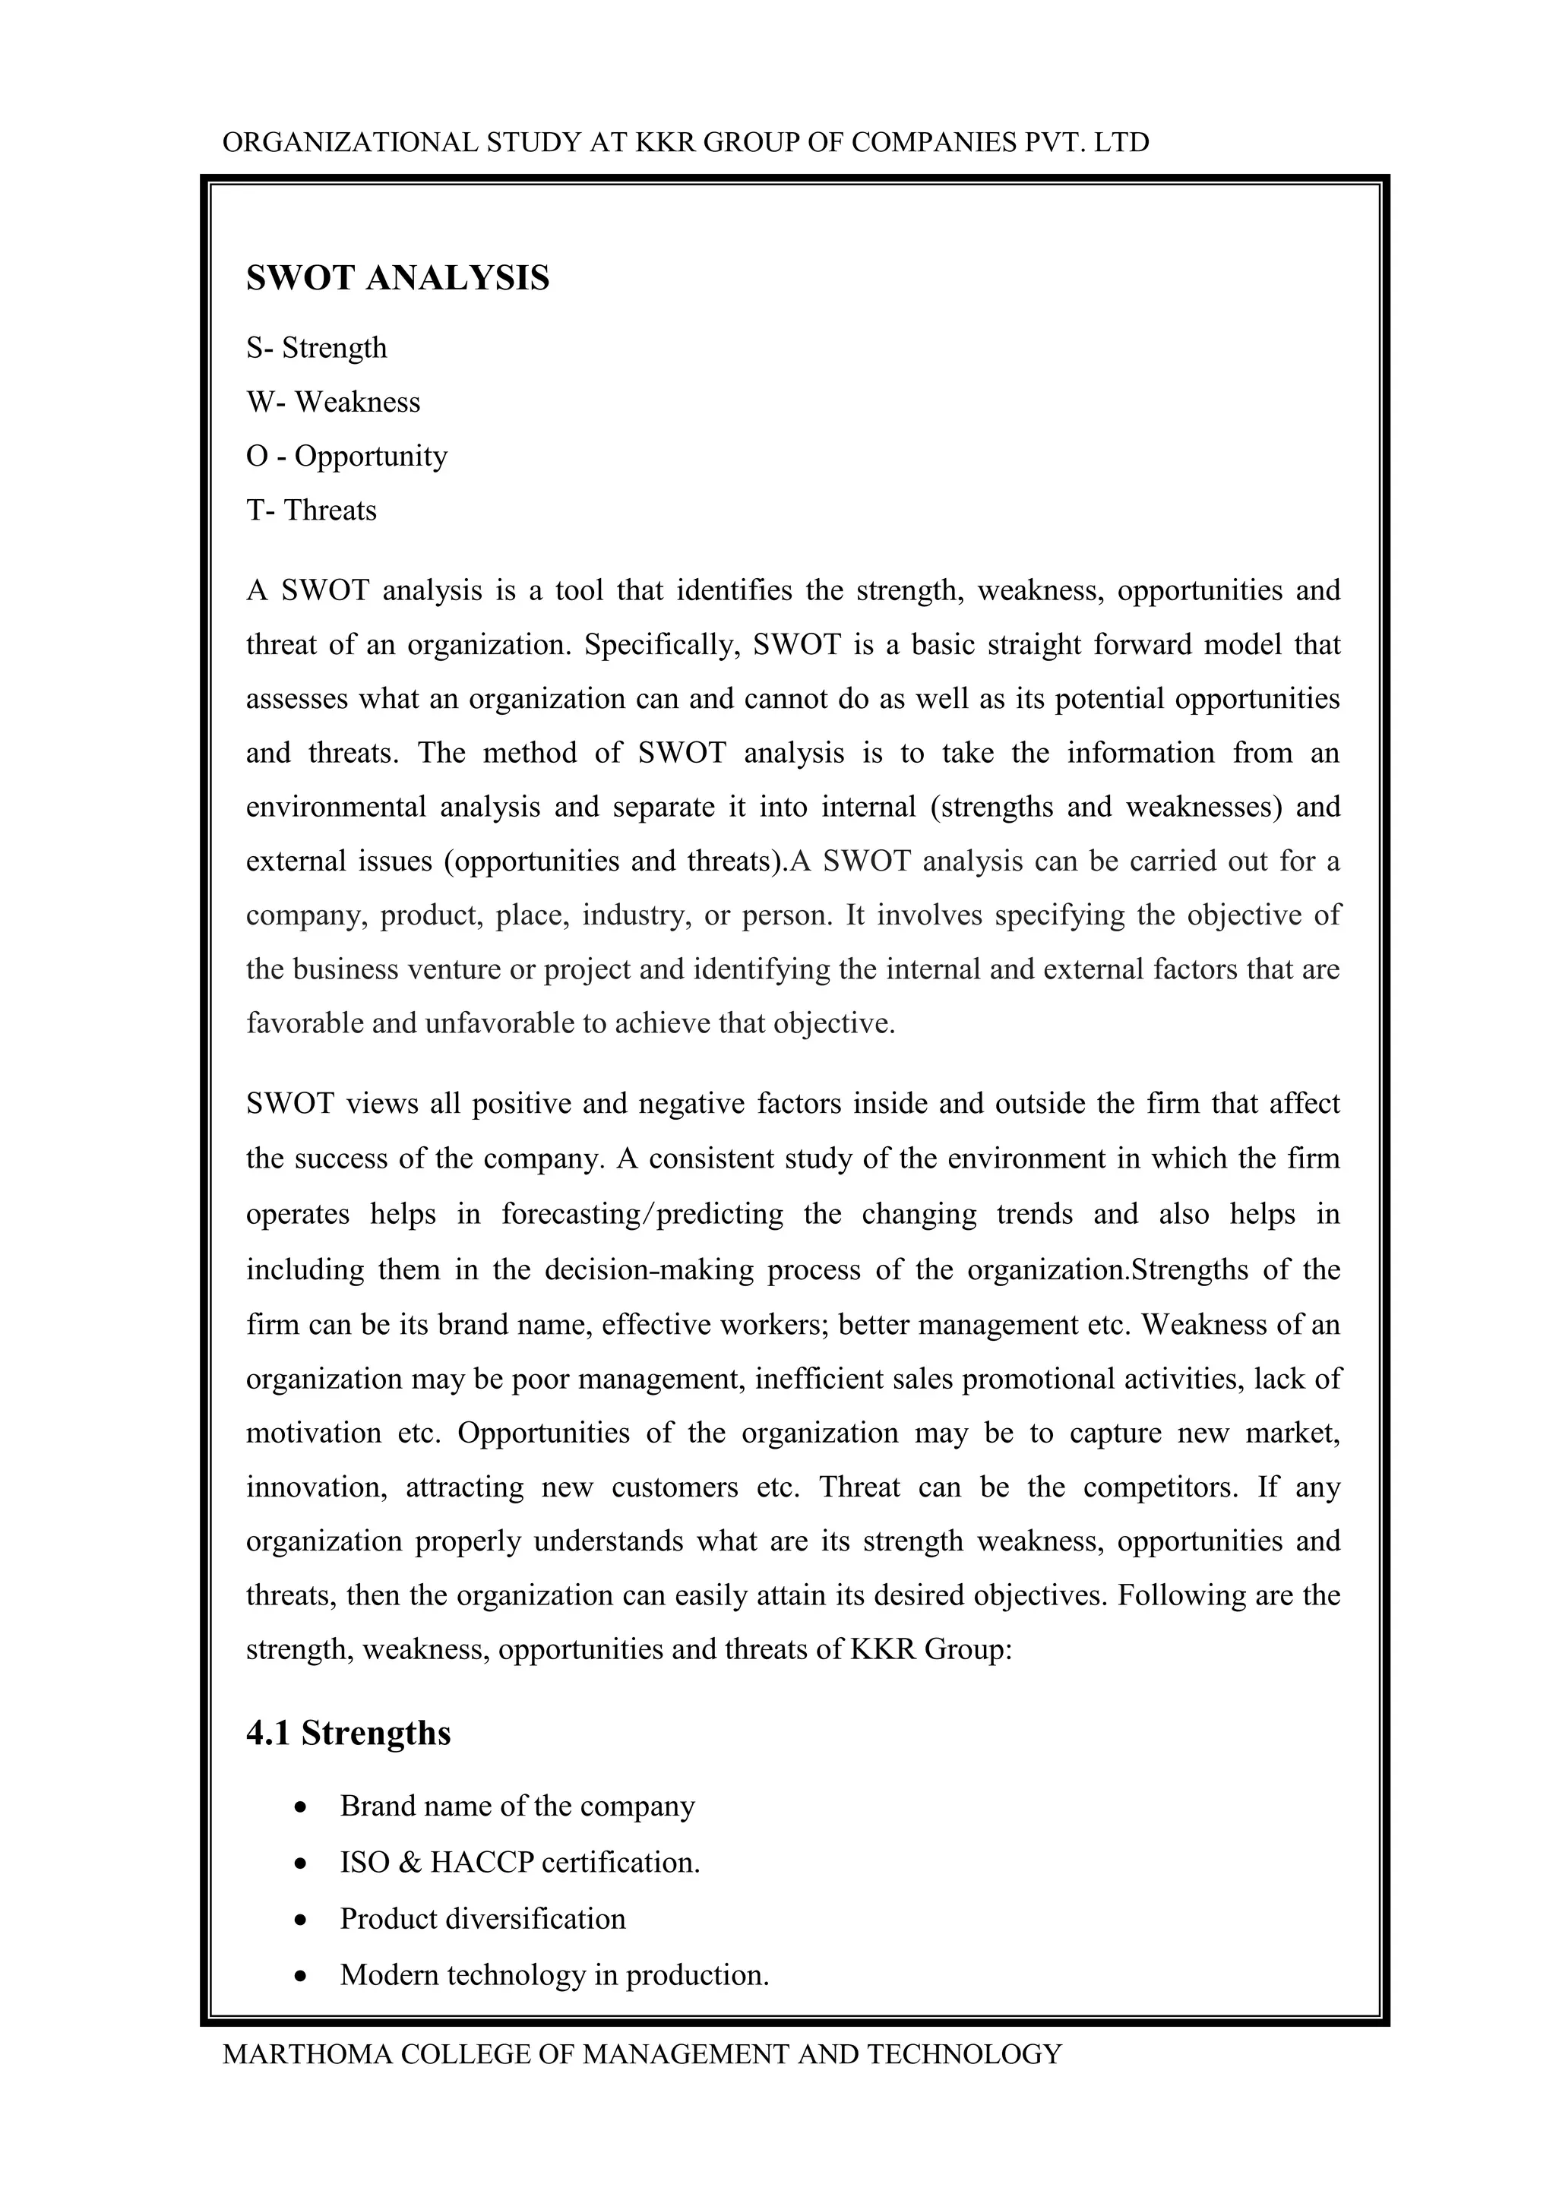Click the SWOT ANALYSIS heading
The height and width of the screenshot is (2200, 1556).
click(397, 279)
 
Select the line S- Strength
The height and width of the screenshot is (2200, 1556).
click(316, 348)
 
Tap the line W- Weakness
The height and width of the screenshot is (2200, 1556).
click(333, 403)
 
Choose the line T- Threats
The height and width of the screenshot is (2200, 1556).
click(312, 510)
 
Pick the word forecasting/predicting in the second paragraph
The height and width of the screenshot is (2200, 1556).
click(642, 1215)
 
